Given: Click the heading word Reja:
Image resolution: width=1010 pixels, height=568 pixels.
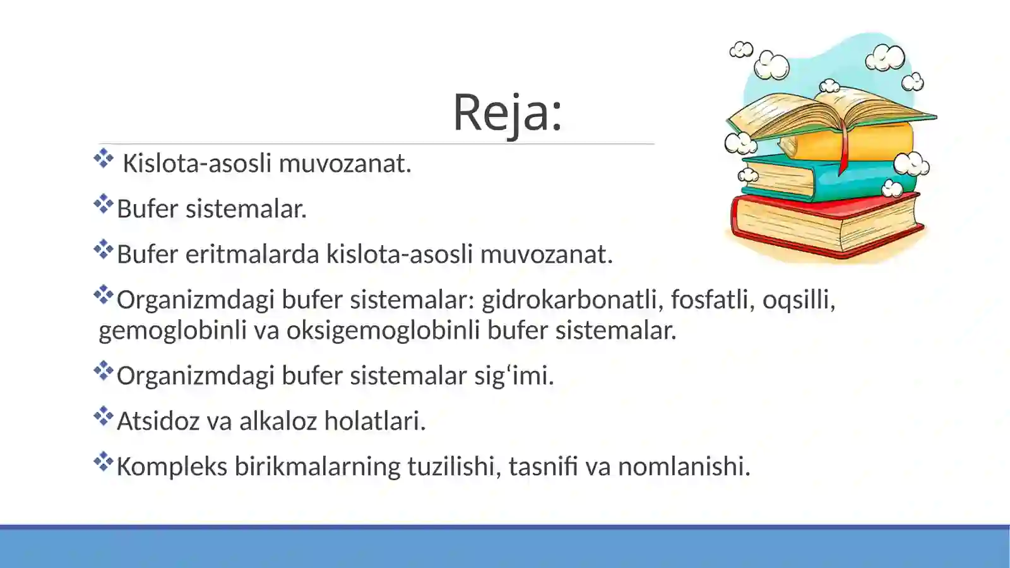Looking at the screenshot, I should pos(507,112).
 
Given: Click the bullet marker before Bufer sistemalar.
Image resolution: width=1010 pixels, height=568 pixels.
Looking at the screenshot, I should pos(103,204).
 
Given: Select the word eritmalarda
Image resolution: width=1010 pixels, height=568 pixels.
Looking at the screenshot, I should pos(252,254).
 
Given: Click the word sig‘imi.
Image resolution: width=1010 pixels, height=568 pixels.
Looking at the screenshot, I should pos(514,375).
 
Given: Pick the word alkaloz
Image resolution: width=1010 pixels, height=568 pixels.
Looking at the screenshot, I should pos(278,421).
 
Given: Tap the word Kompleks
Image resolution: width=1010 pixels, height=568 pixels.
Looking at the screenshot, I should pos(172,466).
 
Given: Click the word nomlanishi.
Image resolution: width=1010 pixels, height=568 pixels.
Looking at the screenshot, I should pos(684,466).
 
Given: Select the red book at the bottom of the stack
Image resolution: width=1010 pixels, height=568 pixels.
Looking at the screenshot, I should pos(821,224).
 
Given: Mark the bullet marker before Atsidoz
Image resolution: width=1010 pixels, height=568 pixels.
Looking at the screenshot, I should pos(103,416).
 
